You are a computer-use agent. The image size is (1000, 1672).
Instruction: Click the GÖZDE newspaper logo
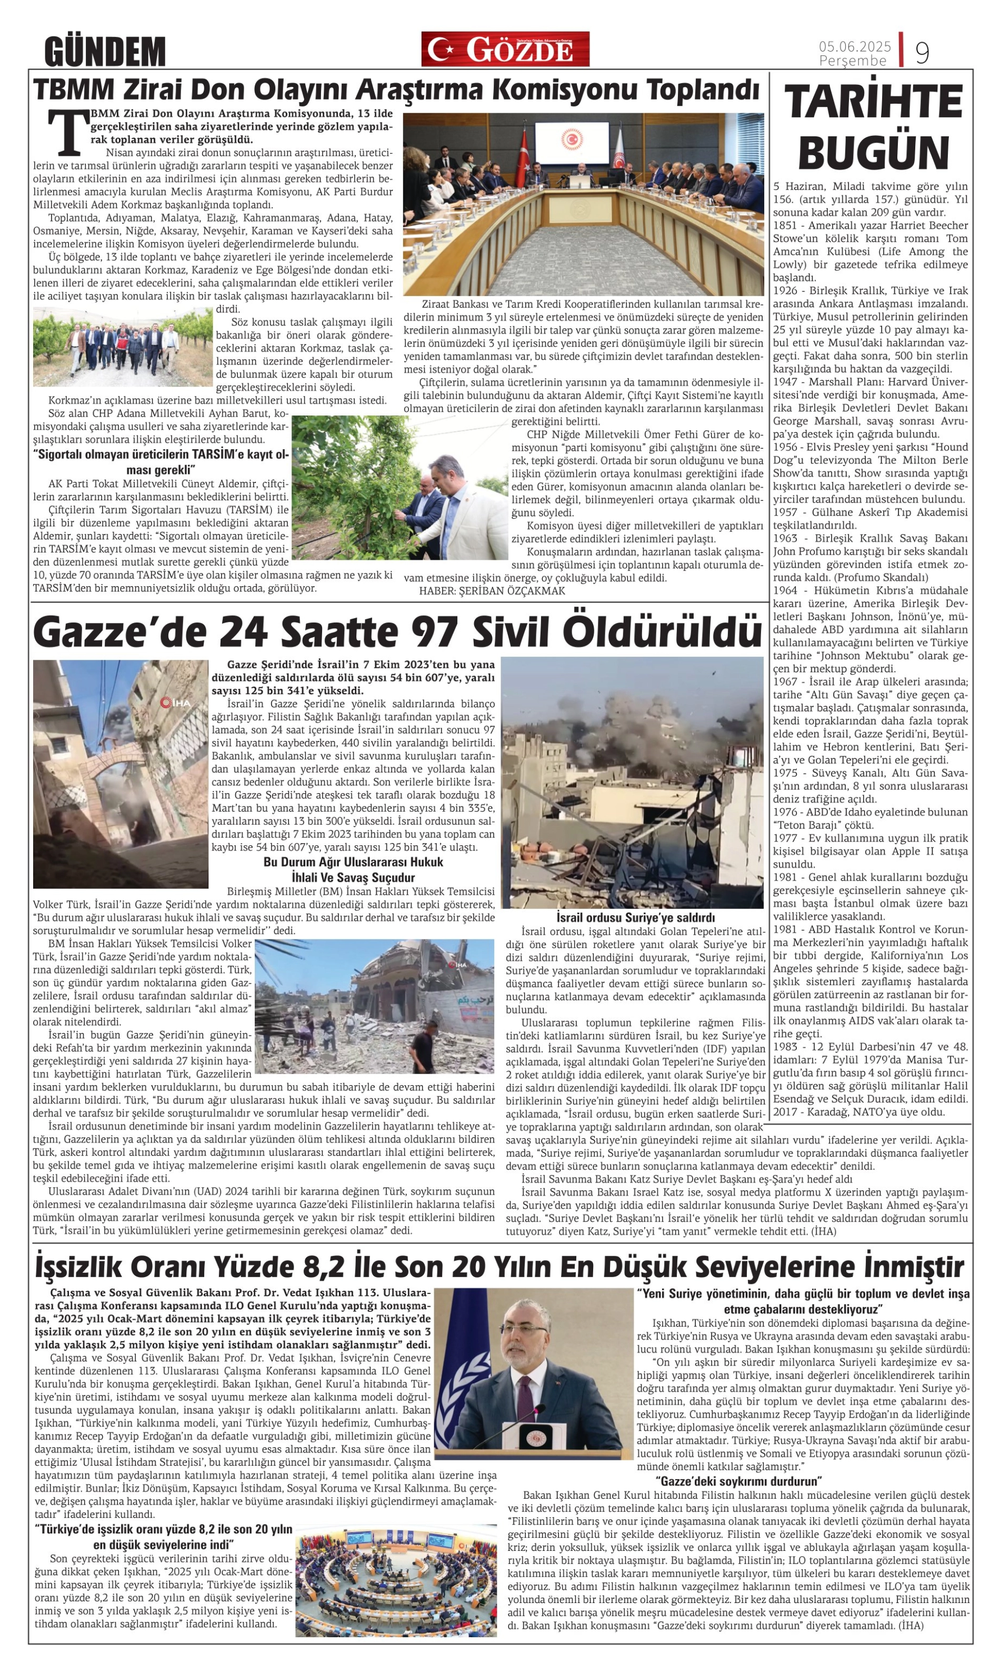[x=505, y=49]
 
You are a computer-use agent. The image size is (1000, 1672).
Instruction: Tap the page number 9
[x=922, y=51]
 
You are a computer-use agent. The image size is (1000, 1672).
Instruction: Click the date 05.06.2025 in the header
[x=854, y=46]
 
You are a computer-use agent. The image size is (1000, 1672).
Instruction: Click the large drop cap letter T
[x=68, y=132]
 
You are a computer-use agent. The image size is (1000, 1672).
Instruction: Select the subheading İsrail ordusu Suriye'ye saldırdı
[x=635, y=917]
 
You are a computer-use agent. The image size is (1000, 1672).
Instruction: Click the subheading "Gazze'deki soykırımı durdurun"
[x=738, y=1481]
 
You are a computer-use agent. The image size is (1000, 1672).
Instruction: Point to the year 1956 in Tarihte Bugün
[x=785, y=447]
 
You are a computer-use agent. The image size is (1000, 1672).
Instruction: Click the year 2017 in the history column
[x=785, y=1112]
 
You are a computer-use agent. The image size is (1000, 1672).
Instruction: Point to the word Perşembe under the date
[x=853, y=61]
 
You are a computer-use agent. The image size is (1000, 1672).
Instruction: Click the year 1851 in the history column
[x=785, y=225]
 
